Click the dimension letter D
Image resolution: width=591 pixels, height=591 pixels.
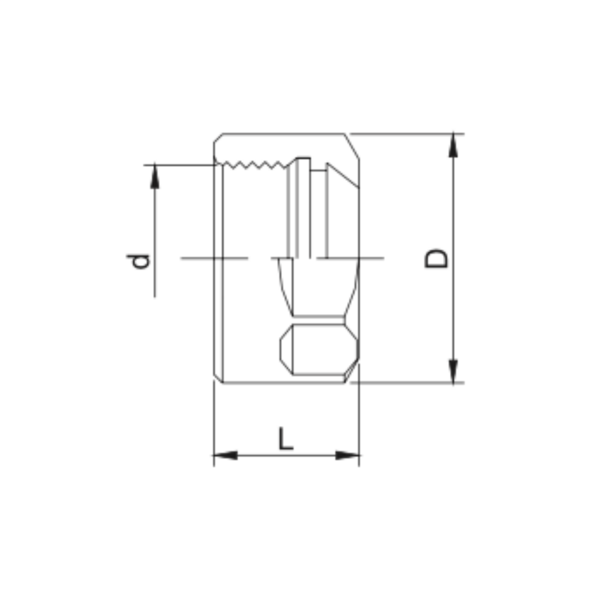[x=436, y=258]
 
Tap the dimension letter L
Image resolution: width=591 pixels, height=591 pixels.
[x=286, y=438]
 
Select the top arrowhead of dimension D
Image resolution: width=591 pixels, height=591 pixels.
[x=454, y=145]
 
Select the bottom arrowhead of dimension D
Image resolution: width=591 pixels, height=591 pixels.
[x=454, y=371]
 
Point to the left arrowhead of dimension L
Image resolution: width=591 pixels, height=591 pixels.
[x=225, y=456]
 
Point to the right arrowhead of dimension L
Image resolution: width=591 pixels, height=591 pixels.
[x=347, y=456]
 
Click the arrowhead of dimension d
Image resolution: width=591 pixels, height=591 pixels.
[x=155, y=177]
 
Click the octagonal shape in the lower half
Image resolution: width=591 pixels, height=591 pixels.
[x=318, y=350]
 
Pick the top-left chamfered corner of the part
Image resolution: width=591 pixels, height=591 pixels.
[x=218, y=138]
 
